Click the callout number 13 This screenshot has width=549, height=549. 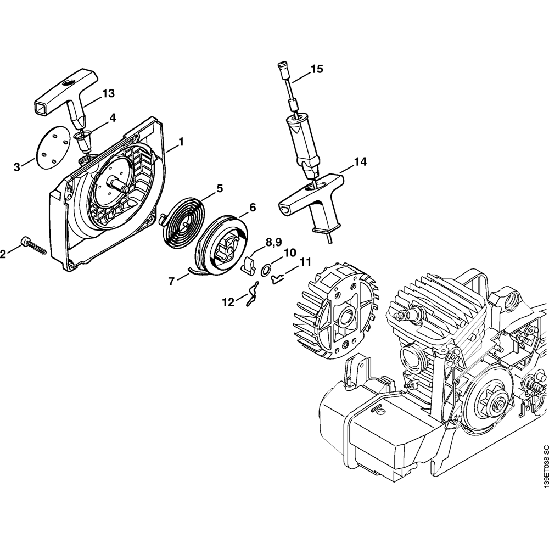click(x=108, y=93)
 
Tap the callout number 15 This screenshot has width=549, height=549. click(x=317, y=69)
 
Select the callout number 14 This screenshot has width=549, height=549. click(x=360, y=162)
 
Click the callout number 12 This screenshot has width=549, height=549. click(x=228, y=301)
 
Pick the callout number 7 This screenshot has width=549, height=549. click(x=172, y=281)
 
